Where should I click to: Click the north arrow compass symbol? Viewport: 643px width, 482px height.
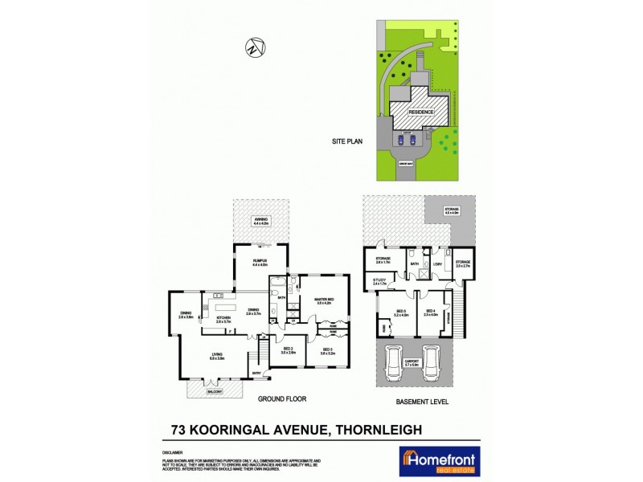[255, 47]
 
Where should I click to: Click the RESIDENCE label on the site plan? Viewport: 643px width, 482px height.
[422, 112]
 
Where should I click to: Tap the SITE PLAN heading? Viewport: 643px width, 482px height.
[348, 141]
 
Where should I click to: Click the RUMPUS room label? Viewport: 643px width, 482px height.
[259, 262]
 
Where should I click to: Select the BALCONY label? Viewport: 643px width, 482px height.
[215, 391]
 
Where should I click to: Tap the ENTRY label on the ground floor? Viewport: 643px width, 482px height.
[257, 372]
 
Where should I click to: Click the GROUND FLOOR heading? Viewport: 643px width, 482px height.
[282, 398]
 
